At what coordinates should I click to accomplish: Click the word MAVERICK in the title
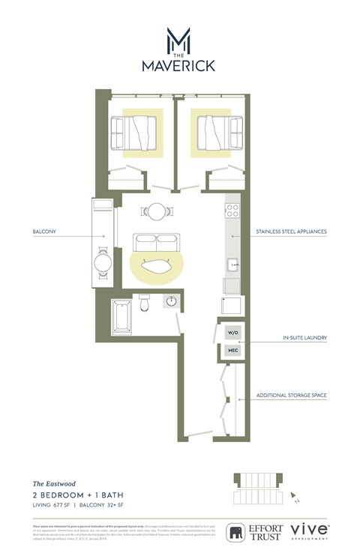click(178, 66)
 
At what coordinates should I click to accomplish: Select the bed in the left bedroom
click(136, 133)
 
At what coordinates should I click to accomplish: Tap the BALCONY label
click(45, 232)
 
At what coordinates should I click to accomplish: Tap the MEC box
click(232, 350)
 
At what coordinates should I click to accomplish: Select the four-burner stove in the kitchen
click(232, 210)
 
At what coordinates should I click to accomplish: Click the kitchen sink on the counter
click(232, 265)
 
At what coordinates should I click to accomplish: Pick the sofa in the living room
click(156, 243)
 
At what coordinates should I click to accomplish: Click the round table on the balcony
click(103, 264)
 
